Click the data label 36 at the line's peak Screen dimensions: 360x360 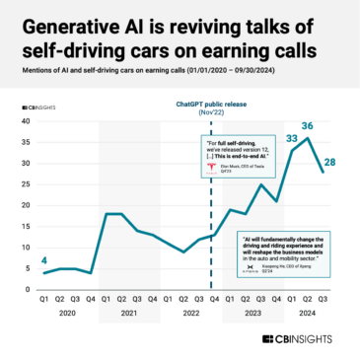(x=307, y=126)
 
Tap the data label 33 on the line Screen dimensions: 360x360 (x=292, y=140)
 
